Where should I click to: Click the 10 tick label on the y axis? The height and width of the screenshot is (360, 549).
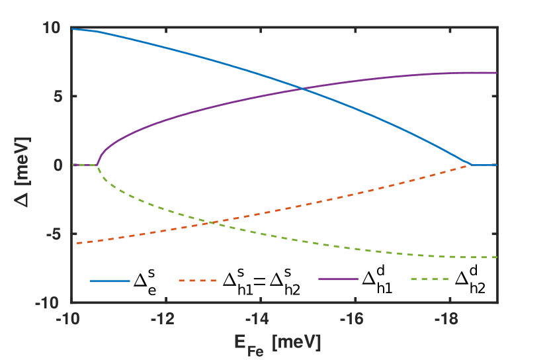(x=52, y=28)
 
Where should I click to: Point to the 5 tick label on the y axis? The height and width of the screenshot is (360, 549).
(x=57, y=97)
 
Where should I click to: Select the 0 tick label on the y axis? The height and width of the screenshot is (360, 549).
(x=57, y=165)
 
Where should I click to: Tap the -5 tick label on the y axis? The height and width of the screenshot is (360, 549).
(x=54, y=234)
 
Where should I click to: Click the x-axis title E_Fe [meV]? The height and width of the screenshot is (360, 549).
(x=277, y=343)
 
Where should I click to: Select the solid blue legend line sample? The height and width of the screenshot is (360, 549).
(x=110, y=281)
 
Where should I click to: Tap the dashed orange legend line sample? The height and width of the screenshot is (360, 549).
(x=198, y=281)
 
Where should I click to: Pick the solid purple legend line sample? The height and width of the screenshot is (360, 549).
(x=338, y=279)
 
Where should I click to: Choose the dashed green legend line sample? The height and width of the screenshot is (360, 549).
(x=430, y=279)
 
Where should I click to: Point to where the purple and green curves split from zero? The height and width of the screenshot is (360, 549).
(x=97, y=165)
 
